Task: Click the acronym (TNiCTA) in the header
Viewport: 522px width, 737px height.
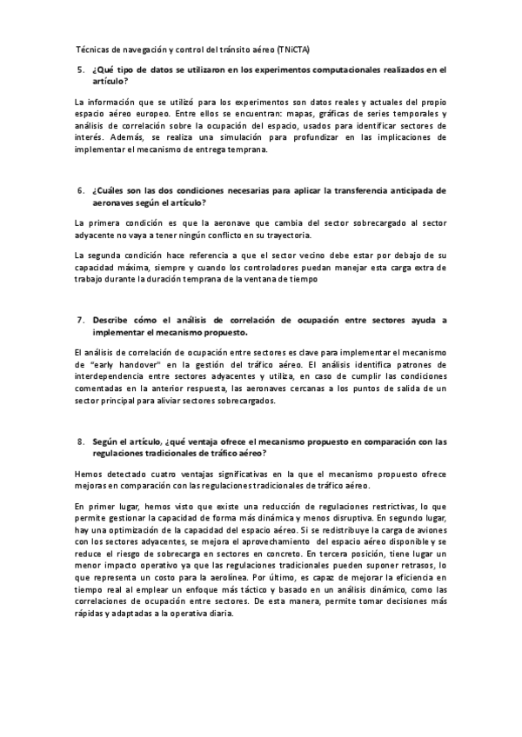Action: coord(304,50)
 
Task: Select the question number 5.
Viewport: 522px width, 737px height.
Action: coord(78,69)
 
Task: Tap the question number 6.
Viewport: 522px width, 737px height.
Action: coord(78,189)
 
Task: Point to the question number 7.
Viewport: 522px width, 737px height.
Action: coord(78,320)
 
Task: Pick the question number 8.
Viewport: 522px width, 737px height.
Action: coord(78,441)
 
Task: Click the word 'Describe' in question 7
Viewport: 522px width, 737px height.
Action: coord(110,320)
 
